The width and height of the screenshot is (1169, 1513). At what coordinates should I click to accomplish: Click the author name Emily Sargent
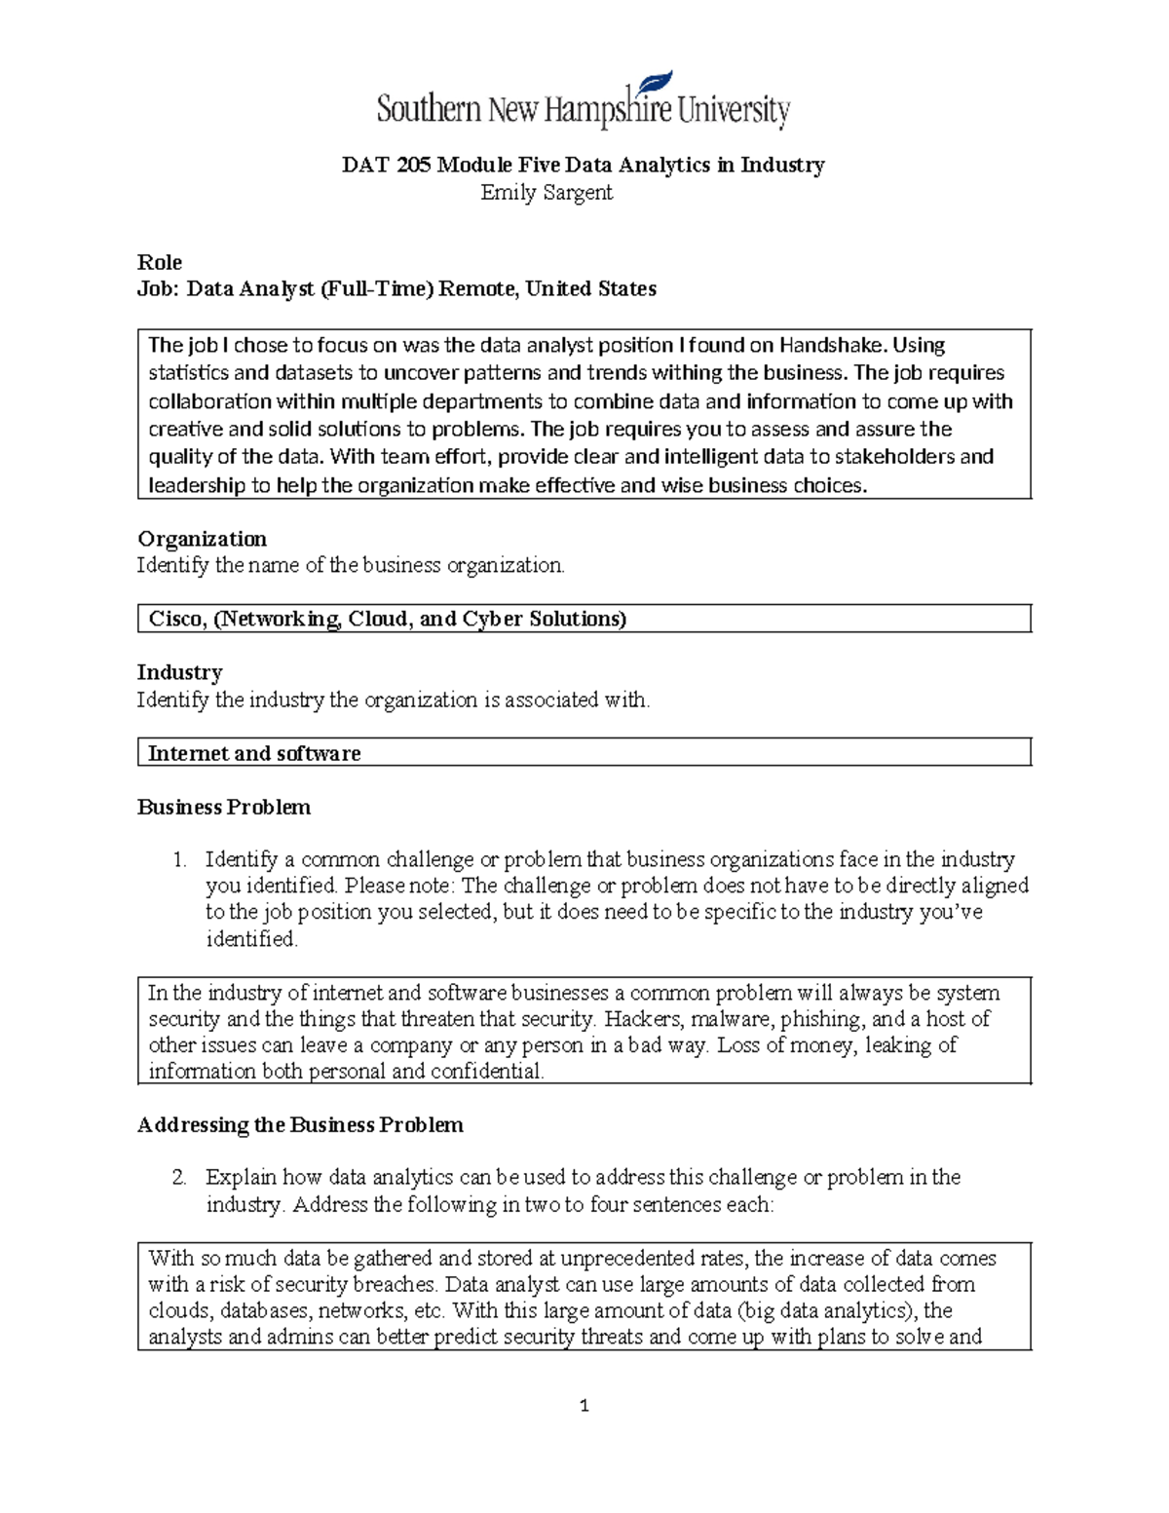[x=547, y=193]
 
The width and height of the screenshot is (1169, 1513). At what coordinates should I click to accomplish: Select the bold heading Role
[x=160, y=262]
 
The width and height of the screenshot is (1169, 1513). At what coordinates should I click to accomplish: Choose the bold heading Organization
[x=202, y=539]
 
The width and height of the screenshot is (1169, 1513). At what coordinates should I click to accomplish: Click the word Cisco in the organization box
[x=176, y=619]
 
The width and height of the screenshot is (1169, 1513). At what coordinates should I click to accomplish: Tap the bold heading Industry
[x=180, y=672]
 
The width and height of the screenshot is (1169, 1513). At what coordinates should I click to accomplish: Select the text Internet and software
[x=254, y=753]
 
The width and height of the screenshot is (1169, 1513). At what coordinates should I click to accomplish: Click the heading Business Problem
[x=224, y=807]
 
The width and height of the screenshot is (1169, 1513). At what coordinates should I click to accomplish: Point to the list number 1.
[x=178, y=859]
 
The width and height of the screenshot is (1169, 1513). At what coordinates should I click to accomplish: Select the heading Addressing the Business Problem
[x=300, y=1125]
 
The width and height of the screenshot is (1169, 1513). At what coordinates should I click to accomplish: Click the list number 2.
[x=178, y=1177]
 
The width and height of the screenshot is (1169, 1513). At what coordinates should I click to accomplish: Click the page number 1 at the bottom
[x=584, y=1406]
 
